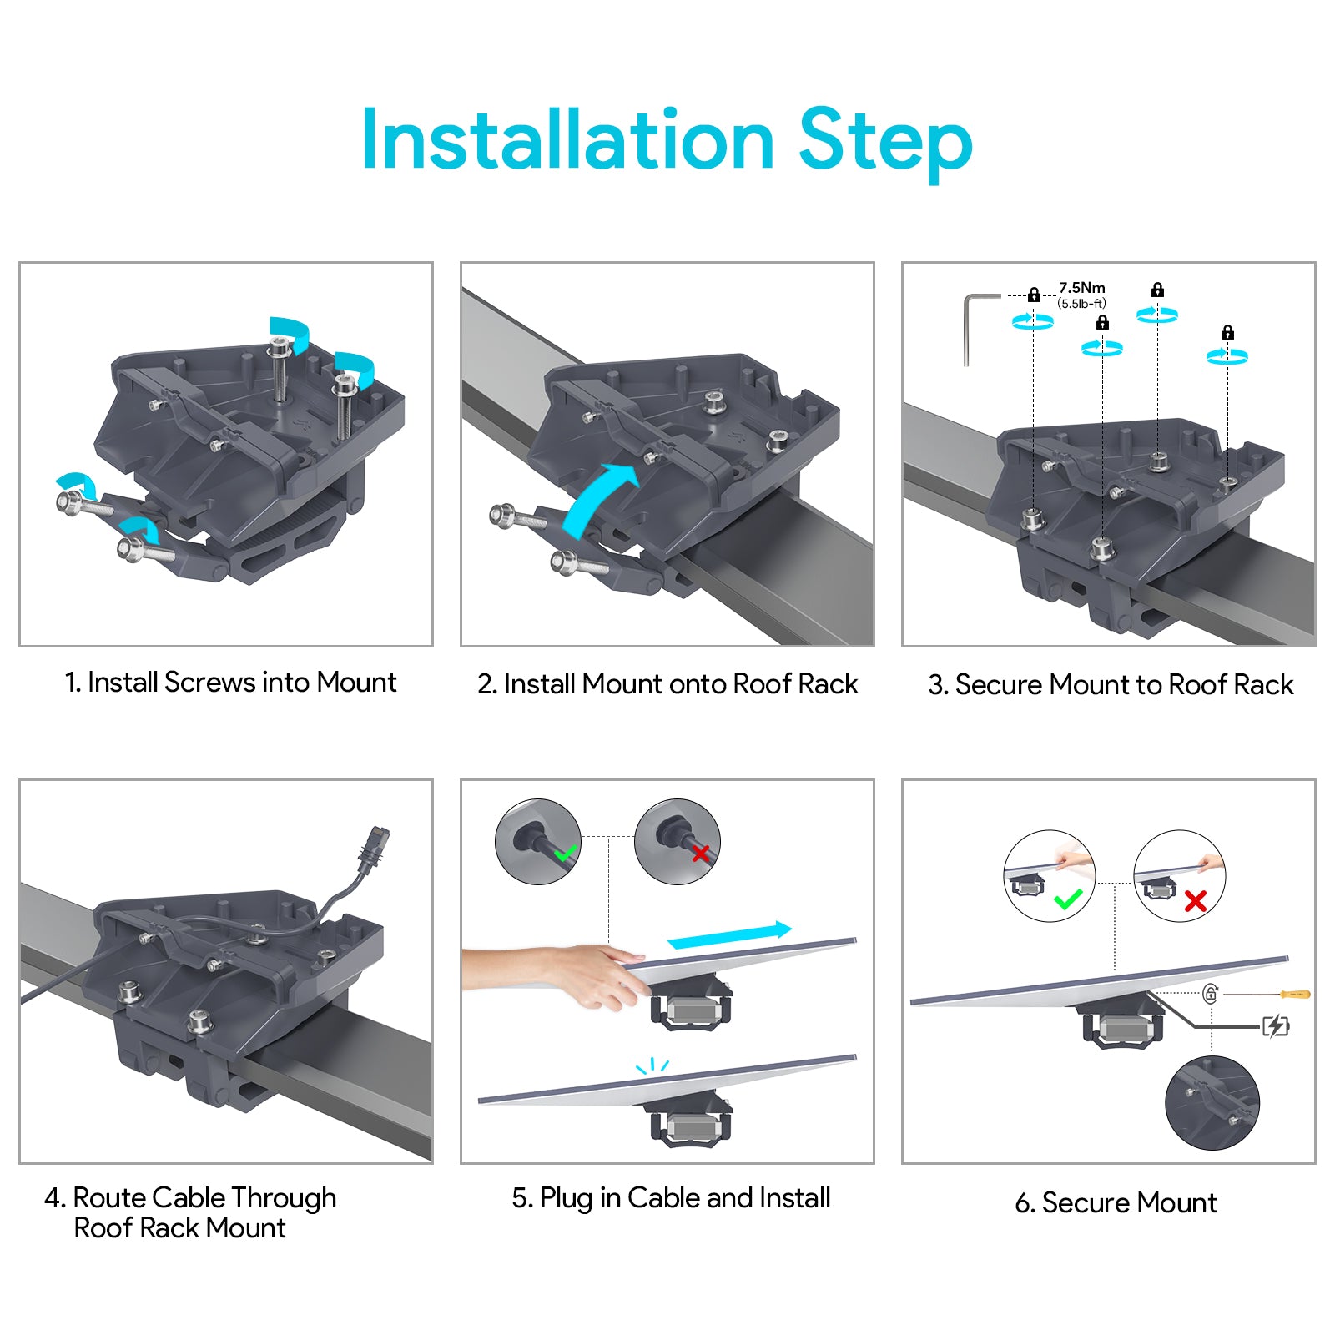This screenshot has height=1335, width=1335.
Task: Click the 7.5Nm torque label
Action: [x=1081, y=288]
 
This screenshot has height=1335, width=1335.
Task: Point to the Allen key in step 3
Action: [x=973, y=321]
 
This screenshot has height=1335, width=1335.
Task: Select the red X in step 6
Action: [x=1195, y=901]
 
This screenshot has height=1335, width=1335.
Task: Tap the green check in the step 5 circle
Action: [x=566, y=854]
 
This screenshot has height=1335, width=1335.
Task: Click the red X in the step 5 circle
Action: [x=700, y=853]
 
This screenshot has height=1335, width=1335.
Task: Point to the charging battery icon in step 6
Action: [x=1276, y=1025]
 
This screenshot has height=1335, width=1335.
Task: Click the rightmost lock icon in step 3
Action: [x=1227, y=333]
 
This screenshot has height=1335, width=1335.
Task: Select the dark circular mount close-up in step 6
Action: [x=1212, y=1102]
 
